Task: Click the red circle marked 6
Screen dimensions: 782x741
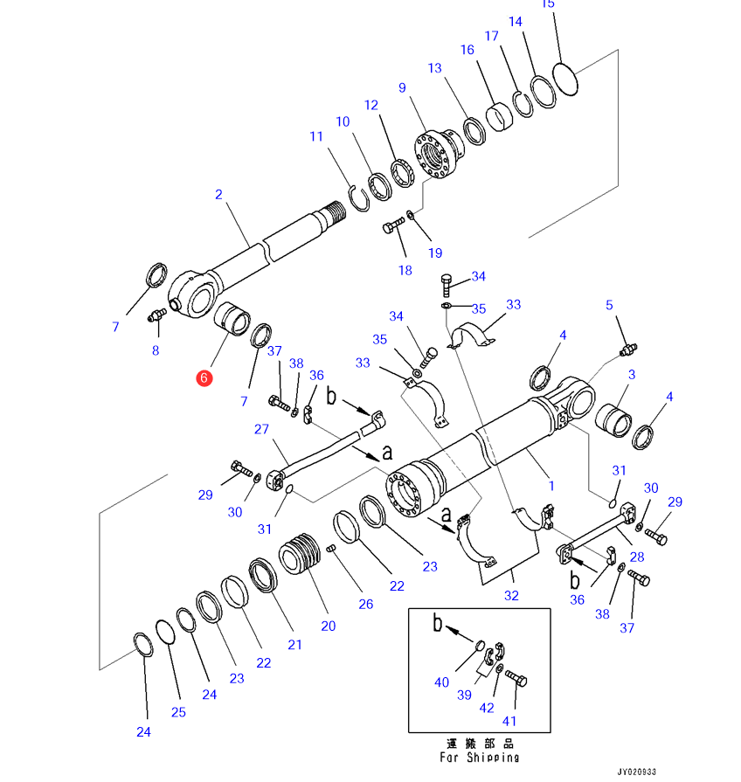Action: point(203,377)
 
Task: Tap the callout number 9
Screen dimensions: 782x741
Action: point(402,88)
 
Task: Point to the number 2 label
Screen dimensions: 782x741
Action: point(218,195)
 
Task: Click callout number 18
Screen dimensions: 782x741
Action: point(405,270)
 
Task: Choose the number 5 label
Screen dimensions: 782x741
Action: point(609,305)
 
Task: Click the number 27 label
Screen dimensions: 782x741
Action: point(261,429)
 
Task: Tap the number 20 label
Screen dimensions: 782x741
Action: point(328,626)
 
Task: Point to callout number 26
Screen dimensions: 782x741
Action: point(365,604)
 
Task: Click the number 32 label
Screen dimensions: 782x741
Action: point(511,596)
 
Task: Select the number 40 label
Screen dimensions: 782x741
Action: point(441,682)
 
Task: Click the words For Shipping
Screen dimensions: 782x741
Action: point(479,758)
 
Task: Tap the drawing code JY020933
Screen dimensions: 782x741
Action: point(636,772)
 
